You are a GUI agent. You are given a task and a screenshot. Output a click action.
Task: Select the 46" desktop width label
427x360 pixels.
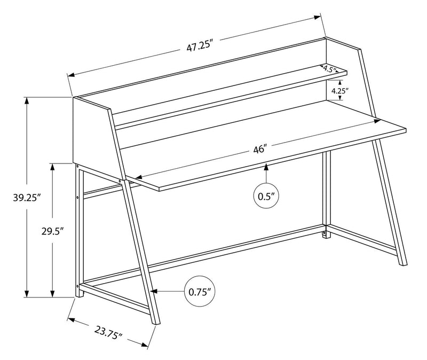click(260, 150)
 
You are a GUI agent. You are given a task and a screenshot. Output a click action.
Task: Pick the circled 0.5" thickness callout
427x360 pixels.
click(266, 197)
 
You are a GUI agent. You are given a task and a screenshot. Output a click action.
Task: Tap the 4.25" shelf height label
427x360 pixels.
click(339, 91)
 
